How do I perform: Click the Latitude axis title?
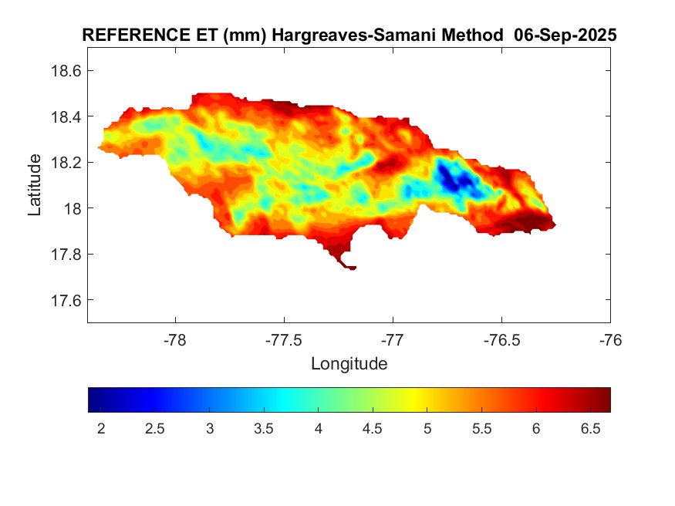click(x=35, y=184)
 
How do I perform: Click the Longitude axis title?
click(x=349, y=363)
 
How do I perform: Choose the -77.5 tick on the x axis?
click(x=285, y=340)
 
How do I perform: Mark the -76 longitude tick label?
click(x=610, y=340)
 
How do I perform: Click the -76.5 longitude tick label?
click(x=501, y=340)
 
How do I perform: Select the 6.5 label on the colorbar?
click(x=589, y=429)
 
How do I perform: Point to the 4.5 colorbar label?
click(x=373, y=429)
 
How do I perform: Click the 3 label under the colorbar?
click(x=210, y=429)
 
